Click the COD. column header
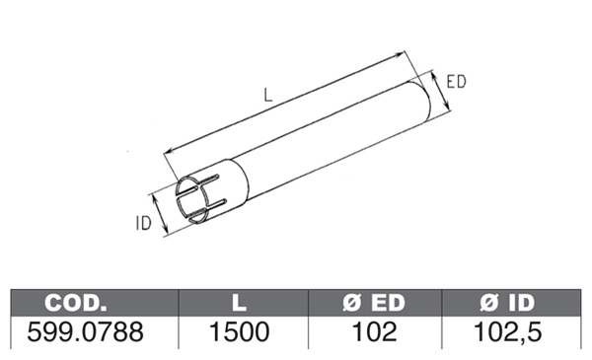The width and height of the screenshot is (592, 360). tap(76, 303)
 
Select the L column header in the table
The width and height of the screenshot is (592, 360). tap(239, 303)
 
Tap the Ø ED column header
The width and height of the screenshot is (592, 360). tap(374, 303)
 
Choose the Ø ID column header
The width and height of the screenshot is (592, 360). tap(507, 303)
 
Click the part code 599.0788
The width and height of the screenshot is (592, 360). tap(85, 332)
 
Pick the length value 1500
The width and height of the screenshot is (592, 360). tap(240, 332)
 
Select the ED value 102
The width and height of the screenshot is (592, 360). tap(374, 332)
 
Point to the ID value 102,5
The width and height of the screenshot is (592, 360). tap(507, 332)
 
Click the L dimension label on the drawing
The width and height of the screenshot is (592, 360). tap(268, 95)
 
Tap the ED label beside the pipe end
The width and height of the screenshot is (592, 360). tap(457, 82)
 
